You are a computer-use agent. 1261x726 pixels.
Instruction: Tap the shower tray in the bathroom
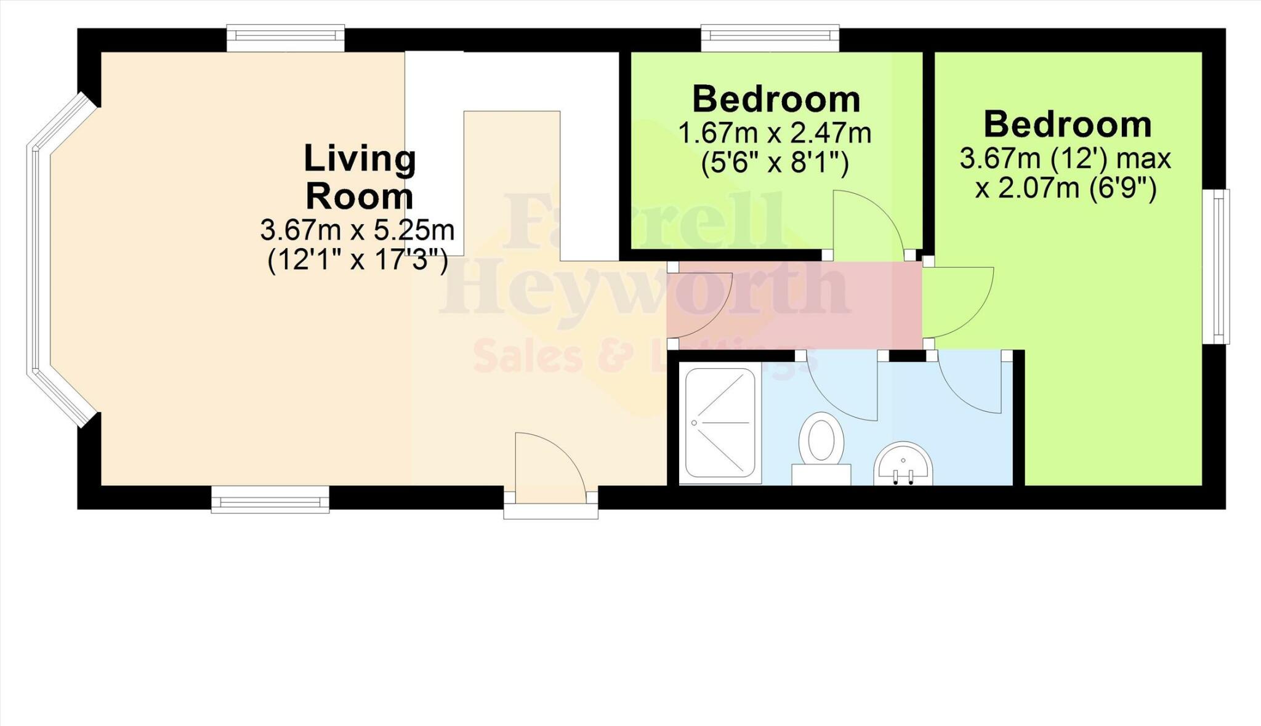point(720,422)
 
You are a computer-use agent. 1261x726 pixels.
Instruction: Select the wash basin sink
point(903,465)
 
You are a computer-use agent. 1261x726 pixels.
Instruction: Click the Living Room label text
point(360,177)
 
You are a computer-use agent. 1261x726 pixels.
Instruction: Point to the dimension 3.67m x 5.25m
point(357,230)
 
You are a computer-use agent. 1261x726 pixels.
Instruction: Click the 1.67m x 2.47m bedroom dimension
point(775,133)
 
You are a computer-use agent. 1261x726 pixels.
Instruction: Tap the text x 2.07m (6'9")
point(1065,188)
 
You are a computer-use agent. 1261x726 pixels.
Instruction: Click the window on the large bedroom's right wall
point(1217,266)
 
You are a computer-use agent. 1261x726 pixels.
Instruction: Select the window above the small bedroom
point(770,38)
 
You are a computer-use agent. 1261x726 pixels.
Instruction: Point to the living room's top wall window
point(285,38)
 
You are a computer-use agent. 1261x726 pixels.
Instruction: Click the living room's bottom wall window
point(270,499)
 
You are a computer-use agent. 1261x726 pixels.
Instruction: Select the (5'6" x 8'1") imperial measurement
point(775,164)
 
